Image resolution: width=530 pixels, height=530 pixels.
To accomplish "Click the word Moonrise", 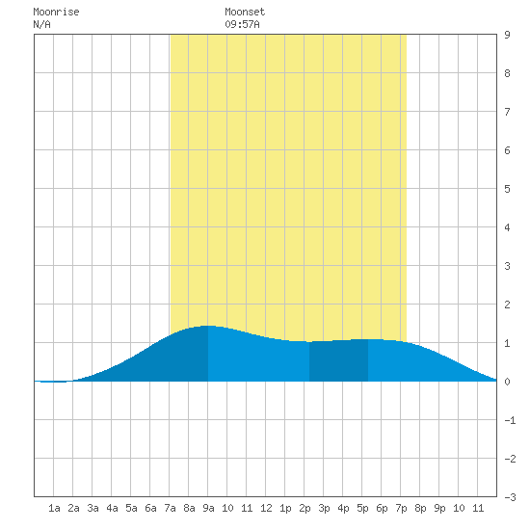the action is [x=56, y=13].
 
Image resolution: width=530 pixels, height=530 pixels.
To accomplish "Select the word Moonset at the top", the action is [x=245, y=13].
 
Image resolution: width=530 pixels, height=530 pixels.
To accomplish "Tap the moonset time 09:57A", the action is [x=242, y=24].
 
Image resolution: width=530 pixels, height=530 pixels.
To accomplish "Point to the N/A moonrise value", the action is [x=41, y=24].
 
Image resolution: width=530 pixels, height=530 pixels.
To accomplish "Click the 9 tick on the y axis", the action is [x=507, y=35].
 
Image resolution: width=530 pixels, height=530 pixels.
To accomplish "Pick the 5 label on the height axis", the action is [x=507, y=189].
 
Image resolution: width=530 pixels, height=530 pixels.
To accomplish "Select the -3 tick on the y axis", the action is [x=510, y=497].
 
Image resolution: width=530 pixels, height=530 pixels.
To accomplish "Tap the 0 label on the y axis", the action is [x=507, y=382].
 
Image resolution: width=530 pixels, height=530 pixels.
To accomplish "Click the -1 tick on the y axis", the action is [x=510, y=420].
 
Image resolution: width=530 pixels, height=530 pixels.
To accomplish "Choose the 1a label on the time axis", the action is [x=54, y=508].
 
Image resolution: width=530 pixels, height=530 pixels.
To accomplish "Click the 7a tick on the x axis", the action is [x=170, y=508].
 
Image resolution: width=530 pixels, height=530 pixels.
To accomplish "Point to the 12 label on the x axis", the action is [x=266, y=508].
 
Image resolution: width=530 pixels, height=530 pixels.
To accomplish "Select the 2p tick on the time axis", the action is [x=305, y=508].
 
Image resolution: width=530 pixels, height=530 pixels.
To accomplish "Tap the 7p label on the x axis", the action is [x=401, y=508].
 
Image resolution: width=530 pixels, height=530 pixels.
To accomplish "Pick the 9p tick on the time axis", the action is [x=439, y=508].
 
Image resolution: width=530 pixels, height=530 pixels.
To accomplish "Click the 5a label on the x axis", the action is [x=131, y=508].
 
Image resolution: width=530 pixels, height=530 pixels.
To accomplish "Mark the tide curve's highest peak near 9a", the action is [x=207, y=326].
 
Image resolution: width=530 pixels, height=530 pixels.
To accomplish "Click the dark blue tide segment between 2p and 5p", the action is [x=338, y=361].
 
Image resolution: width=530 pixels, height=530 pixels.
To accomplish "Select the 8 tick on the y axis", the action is [x=507, y=73].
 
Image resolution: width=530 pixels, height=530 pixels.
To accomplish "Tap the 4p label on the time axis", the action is [x=343, y=508].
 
